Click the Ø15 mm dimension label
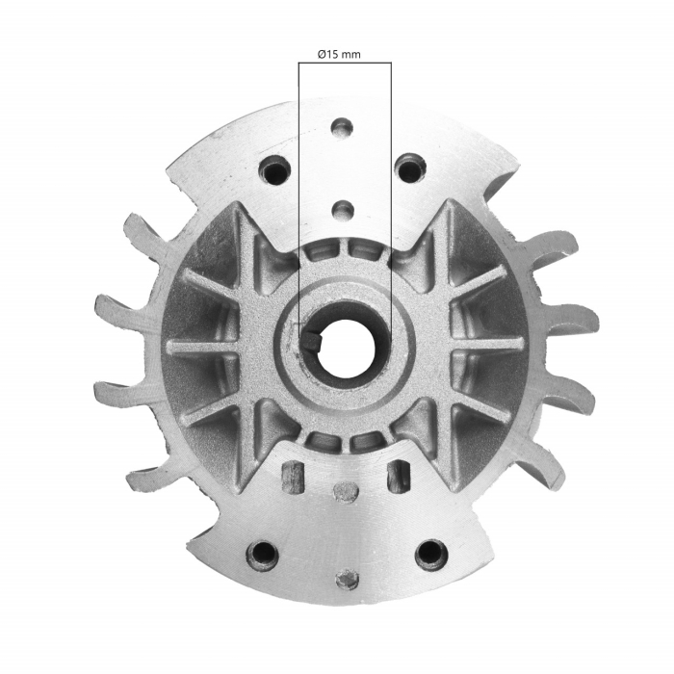coord(345,55)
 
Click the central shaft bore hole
coord(344,346)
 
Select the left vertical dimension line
coord(298,193)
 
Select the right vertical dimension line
coord(391,193)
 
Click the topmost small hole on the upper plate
coord(342,127)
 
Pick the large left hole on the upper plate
coord(275,172)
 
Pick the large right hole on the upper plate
coord(410,170)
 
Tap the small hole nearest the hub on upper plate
coord(342,209)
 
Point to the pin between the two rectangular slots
coord(344,492)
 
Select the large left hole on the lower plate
coord(261,555)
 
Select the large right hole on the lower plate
coord(429,555)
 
